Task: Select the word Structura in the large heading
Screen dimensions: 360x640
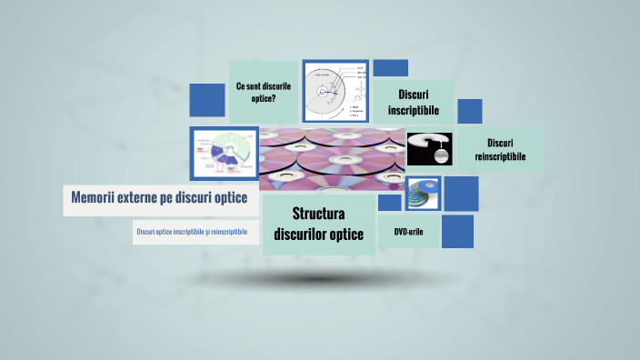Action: [x=318, y=215]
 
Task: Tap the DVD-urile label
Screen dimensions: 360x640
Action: [x=408, y=232]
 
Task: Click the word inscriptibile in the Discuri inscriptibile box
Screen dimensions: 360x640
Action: [x=414, y=110]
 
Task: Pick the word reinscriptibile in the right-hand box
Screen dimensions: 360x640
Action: [x=500, y=157]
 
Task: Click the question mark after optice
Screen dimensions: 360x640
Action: [x=275, y=99]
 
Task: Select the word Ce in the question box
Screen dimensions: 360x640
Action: [x=241, y=85]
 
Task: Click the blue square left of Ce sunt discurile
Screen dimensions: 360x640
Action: [x=206, y=100]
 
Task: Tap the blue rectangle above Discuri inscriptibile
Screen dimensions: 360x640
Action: [x=391, y=68]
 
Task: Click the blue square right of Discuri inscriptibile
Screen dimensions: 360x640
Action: [x=469, y=111]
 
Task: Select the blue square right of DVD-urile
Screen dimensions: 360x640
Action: [x=457, y=231]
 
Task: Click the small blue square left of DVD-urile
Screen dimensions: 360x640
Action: [x=389, y=202]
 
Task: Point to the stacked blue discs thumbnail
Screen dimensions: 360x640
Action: [x=423, y=194]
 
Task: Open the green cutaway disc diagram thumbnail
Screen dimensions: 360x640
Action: [x=224, y=154]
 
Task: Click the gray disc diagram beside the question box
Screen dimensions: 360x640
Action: [x=335, y=93]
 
